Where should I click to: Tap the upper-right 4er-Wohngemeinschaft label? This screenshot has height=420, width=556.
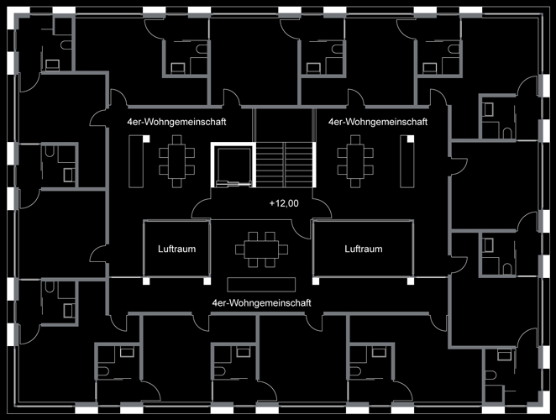(378, 122)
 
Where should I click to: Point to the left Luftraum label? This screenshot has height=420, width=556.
(176, 249)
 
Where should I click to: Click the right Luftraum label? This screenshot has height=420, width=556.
(363, 249)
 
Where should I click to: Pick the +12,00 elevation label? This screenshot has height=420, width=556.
(284, 203)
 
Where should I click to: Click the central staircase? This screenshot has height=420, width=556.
(286, 163)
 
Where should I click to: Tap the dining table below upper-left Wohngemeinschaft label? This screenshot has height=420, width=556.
(176, 160)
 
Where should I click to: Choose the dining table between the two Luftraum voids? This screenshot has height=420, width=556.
(262, 249)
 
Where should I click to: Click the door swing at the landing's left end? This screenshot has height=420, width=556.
(202, 205)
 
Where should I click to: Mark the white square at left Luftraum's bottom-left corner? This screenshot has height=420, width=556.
(146, 281)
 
